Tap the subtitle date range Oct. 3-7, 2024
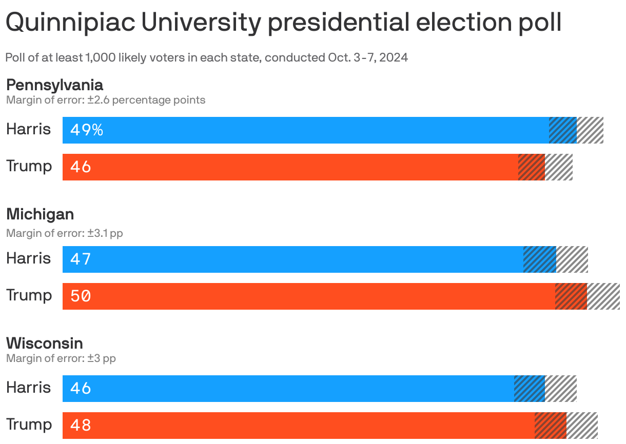click(x=368, y=57)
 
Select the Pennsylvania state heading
click(x=54, y=85)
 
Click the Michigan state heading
click(x=40, y=214)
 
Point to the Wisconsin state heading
click(x=45, y=343)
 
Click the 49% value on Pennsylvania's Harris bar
click(x=87, y=130)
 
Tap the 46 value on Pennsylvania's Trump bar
click(x=81, y=167)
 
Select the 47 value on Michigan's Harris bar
click(x=81, y=259)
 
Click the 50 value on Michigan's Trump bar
click(x=81, y=296)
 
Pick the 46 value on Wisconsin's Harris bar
click(x=81, y=389)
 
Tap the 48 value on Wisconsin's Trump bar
click(x=81, y=425)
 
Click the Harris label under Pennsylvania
click(x=29, y=129)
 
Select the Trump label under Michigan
click(x=29, y=296)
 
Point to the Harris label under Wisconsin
click(x=29, y=388)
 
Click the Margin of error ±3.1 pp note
click(x=65, y=233)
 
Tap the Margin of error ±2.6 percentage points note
click(x=106, y=100)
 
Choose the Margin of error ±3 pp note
click(x=61, y=358)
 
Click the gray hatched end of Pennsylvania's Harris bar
click(x=590, y=130)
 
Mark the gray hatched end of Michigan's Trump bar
click(x=603, y=296)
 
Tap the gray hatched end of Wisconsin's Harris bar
click(x=561, y=389)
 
